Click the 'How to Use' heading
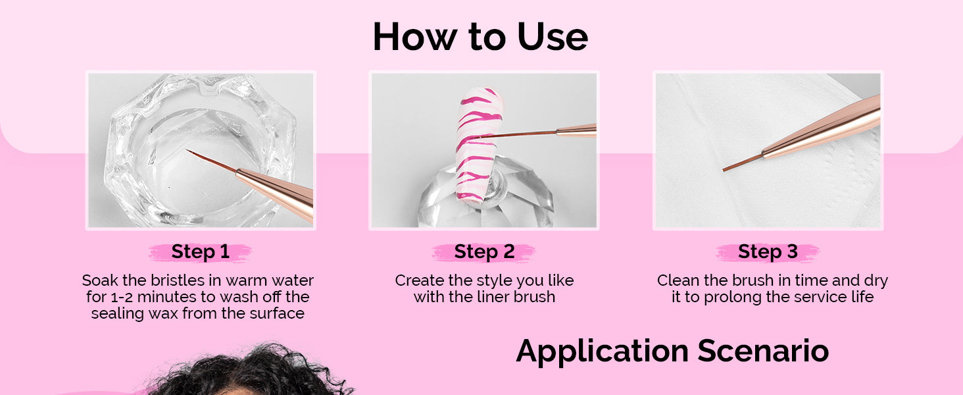[x=480, y=37]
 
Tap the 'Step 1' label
[x=201, y=251]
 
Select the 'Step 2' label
[x=484, y=251]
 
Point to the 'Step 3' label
[x=768, y=251]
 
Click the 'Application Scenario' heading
[x=672, y=351]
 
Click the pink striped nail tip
[x=478, y=144]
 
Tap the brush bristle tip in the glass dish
[x=187, y=150]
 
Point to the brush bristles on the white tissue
[x=743, y=163]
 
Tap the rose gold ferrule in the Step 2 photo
[x=576, y=130]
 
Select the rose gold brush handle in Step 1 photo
[x=275, y=194]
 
